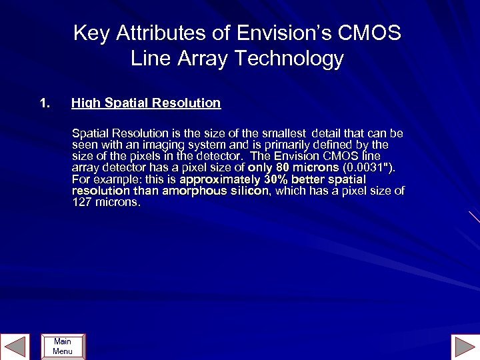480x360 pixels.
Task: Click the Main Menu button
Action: [63, 347]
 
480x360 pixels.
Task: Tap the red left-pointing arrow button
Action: [15, 347]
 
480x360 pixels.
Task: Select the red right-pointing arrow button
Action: [463, 347]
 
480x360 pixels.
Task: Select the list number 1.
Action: [44, 103]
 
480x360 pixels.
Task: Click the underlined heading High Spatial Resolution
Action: [146, 103]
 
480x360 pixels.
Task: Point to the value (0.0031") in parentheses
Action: [368, 168]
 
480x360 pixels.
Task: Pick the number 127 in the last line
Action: [81, 203]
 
